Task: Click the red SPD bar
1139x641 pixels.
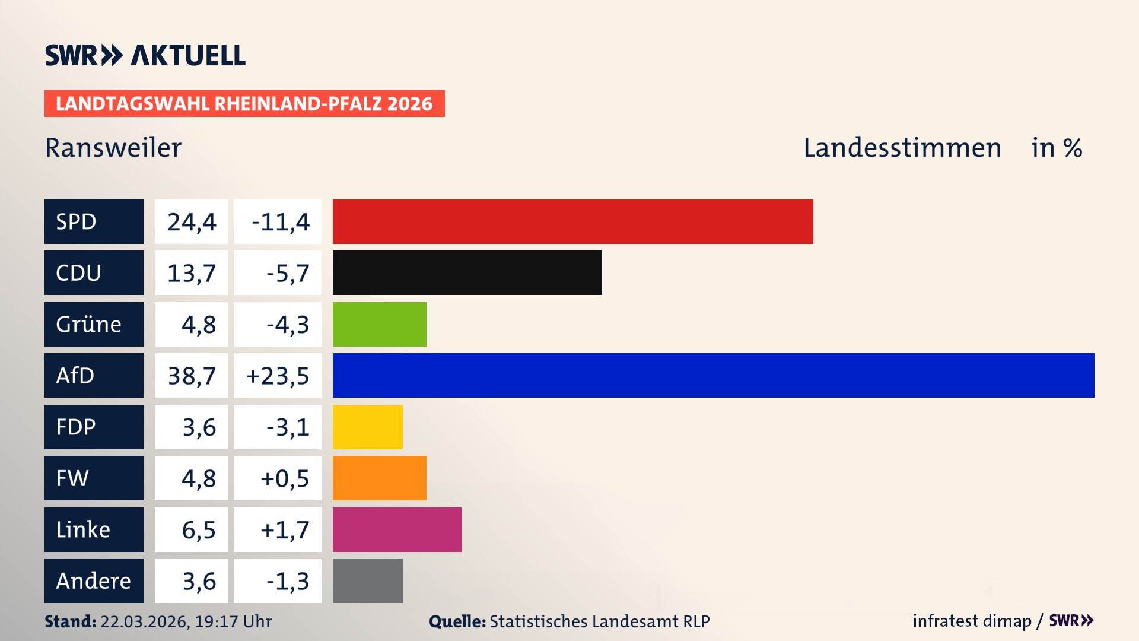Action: (x=572, y=221)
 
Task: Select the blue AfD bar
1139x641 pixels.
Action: (x=713, y=375)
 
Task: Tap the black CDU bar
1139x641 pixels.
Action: (x=467, y=272)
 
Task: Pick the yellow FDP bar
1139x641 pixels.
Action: (x=367, y=427)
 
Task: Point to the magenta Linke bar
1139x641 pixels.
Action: (x=397, y=529)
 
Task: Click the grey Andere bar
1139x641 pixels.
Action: (x=367, y=580)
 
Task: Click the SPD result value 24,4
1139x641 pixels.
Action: (x=191, y=222)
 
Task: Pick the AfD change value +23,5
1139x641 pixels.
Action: (x=278, y=376)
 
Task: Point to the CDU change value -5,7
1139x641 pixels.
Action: (x=287, y=273)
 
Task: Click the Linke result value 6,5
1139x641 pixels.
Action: (x=198, y=529)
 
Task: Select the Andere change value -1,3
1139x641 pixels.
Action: (x=287, y=581)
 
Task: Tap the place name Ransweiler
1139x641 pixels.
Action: (x=113, y=148)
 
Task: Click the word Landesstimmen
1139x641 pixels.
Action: (x=902, y=148)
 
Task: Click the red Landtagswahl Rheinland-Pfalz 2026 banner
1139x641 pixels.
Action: (x=244, y=104)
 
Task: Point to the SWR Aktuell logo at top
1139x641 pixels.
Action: (x=145, y=55)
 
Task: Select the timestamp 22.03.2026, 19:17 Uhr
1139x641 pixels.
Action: (x=186, y=621)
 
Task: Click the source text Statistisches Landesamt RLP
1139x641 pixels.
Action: (x=599, y=621)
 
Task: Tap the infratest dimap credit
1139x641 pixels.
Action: (x=971, y=621)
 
